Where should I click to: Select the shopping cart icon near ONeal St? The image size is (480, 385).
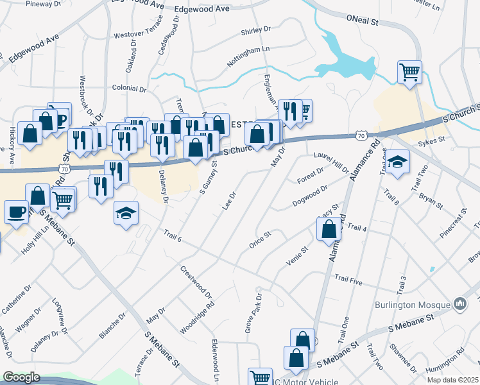tap(409, 72)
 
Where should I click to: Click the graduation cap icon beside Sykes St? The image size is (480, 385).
tap(398, 163)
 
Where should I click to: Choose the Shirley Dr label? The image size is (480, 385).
tap(257, 30)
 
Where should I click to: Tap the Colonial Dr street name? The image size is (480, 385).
tap(130, 90)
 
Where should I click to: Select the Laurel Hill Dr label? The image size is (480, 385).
tap(331, 161)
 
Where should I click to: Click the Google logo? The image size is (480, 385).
tap(21, 378)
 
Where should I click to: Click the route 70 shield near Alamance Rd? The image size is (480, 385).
tap(361, 135)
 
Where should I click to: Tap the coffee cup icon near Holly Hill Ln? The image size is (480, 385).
tap(15, 211)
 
